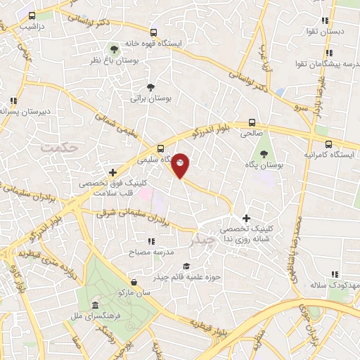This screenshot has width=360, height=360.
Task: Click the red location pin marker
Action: tap(181, 165)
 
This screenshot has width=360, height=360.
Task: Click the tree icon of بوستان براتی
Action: tap(150, 87)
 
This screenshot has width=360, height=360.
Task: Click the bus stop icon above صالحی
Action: tap(252, 121)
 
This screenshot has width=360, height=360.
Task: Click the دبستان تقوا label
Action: tap(323, 32)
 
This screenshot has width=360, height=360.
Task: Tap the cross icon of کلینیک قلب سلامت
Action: tap(112, 172)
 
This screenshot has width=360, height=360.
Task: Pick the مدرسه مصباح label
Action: tap(146, 251)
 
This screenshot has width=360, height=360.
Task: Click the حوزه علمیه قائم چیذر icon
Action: tap(186, 266)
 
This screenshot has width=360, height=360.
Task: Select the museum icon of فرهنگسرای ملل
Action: tap(95, 304)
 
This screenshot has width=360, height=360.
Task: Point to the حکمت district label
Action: tap(57, 147)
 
